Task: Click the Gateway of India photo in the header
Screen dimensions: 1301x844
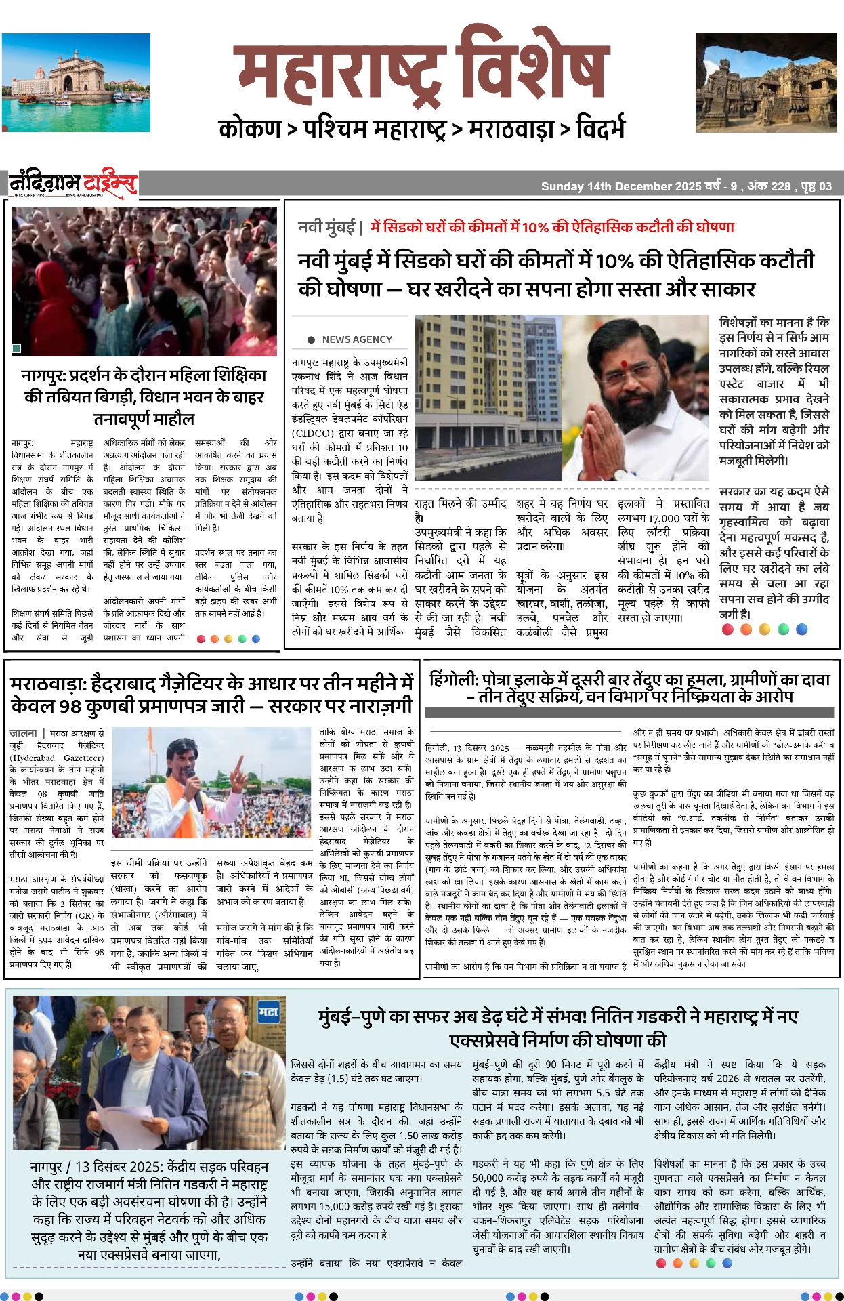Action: pos(76,82)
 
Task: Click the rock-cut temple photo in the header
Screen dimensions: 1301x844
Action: pos(765,82)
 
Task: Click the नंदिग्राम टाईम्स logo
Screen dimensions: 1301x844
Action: pos(72,184)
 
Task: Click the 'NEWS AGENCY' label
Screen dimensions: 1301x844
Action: pos(357,339)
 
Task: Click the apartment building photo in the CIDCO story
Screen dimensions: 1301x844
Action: pos(488,398)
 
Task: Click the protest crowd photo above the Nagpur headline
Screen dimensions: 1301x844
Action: pos(144,281)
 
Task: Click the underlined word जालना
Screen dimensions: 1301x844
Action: pos(23,733)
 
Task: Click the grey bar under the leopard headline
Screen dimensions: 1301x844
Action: pos(629,712)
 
